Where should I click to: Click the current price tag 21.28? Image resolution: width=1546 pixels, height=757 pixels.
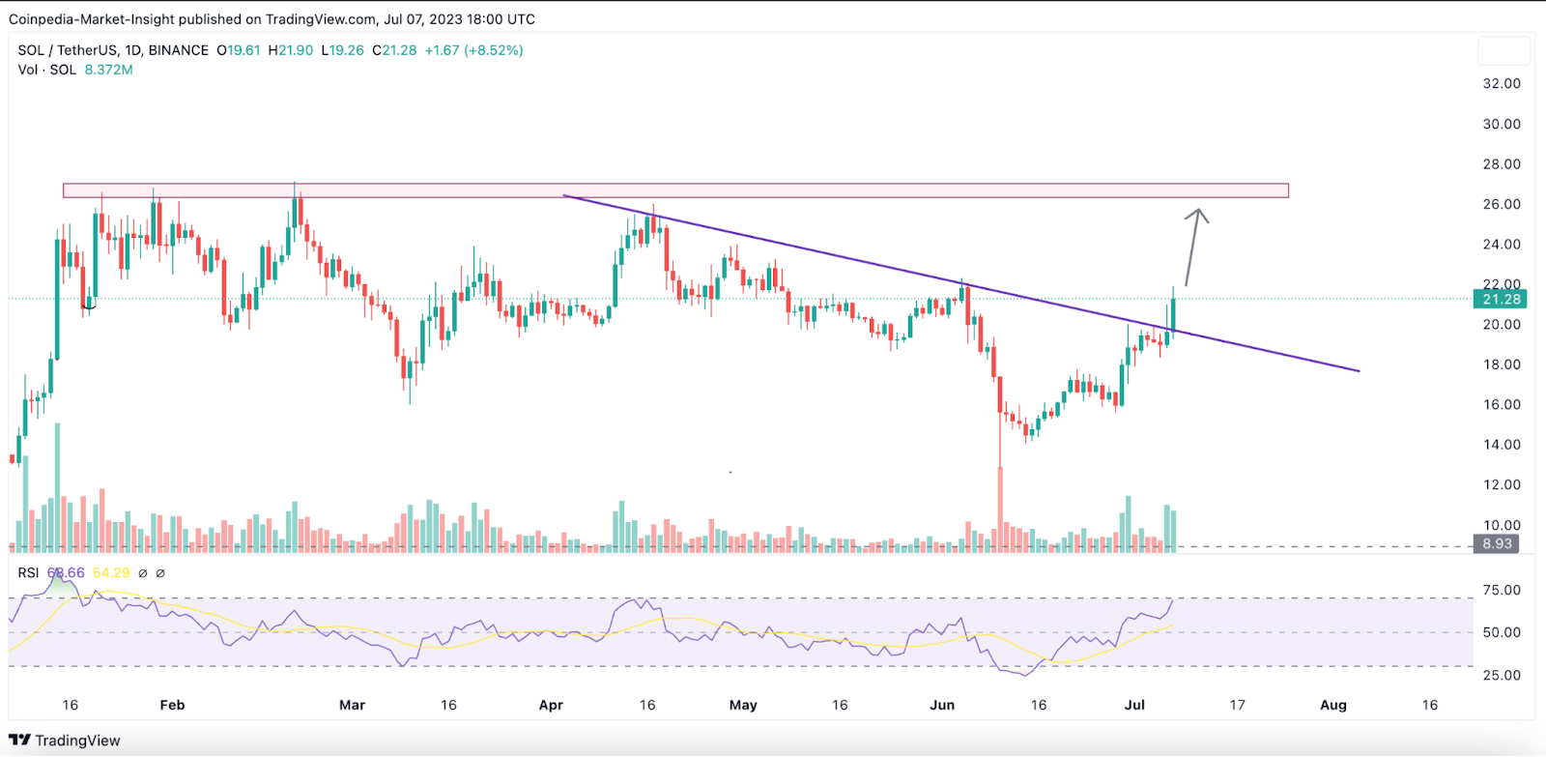click(x=1501, y=299)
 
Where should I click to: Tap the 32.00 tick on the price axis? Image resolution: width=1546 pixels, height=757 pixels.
click(x=1502, y=84)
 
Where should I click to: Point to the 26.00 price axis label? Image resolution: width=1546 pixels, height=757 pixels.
click(x=1502, y=204)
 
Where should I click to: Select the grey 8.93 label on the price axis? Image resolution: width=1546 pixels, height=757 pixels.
click(x=1497, y=543)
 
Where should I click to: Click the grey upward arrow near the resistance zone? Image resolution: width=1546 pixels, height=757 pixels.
click(x=1193, y=247)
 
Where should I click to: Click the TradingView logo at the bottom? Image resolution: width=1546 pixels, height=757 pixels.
click(x=65, y=741)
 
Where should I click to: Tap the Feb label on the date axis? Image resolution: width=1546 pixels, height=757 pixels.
click(x=172, y=705)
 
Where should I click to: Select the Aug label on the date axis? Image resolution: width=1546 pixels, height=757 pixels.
click(x=1332, y=705)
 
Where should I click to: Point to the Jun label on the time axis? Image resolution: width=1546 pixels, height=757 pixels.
click(x=941, y=705)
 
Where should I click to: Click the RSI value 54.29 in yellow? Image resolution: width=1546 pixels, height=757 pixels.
click(x=111, y=573)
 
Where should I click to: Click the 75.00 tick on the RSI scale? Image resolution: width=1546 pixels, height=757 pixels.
click(x=1502, y=590)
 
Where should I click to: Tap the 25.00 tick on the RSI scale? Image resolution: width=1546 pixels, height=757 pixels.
click(x=1502, y=675)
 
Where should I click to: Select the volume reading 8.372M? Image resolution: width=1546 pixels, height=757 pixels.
click(x=108, y=70)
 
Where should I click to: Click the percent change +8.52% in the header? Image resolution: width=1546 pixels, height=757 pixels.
click(x=494, y=50)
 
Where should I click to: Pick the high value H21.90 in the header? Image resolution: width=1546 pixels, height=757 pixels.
click(x=290, y=50)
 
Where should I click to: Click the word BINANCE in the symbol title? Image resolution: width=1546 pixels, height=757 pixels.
click(x=178, y=50)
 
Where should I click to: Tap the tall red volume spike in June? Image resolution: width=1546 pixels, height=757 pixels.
click(x=1000, y=508)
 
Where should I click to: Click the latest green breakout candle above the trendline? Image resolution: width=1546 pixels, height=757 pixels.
click(x=1173, y=314)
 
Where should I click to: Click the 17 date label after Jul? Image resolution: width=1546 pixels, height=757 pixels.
click(x=1237, y=705)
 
